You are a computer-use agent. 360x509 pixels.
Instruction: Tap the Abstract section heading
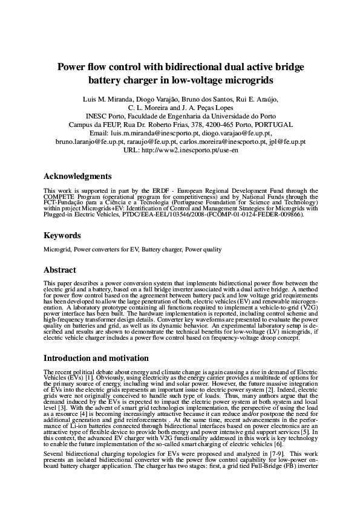[60, 270]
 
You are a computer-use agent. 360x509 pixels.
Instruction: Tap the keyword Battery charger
[163, 249]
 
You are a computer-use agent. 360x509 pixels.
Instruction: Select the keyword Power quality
[203, 249]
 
